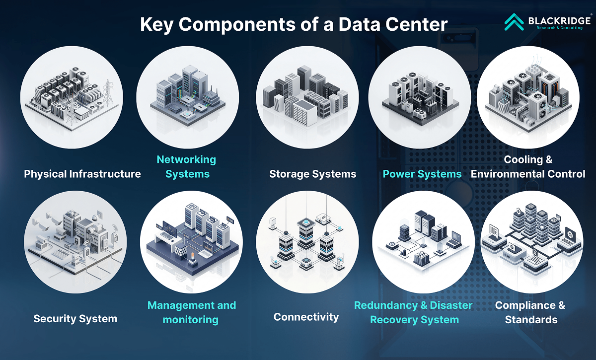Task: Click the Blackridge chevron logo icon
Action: tap(514, 22)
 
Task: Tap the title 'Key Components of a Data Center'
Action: tap(294, 24)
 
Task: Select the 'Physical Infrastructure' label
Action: tap(82, 174)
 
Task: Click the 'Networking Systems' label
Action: tap(187, 167)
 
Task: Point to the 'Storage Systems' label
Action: tap(312, 174)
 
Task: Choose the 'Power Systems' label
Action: tap(422, 174)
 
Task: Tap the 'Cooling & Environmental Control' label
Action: tap(528, 167)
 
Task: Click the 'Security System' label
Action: tap(75, 319)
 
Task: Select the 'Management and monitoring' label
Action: tap(192, 312)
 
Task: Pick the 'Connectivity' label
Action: tap(306, 317)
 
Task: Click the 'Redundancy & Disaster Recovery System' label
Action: tap(414, 312)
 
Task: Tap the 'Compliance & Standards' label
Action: tap(530, 312)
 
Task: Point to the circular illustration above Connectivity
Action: tap(307, 242)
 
